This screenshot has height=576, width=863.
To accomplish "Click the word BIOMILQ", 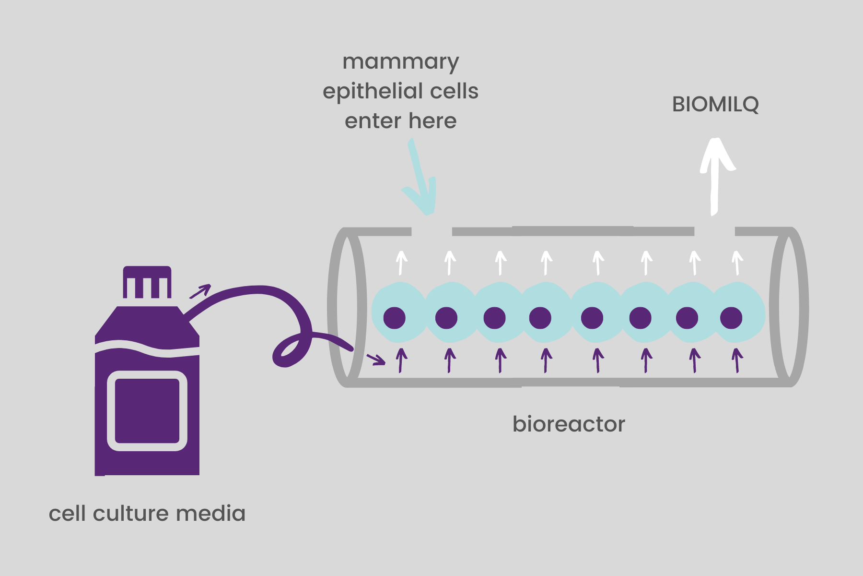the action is [x=715, y=105].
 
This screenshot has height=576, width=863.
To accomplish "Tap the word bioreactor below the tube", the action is [x=569, y=424].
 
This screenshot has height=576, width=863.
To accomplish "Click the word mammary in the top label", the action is [x=401, y=63].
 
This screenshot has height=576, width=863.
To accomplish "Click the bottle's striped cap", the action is [x=147, y=282].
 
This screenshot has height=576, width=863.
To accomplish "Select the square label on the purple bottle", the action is [x=147, y=411].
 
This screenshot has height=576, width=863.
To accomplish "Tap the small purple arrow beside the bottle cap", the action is [x=200, y=291].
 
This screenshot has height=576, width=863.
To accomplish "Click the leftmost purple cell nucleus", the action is [x=395, y=318].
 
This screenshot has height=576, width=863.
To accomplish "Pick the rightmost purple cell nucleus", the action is [x=731, y=318].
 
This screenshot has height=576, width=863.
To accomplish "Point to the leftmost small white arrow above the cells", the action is [x=401, y=263].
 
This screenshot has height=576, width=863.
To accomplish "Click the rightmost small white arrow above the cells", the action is [x=737, y=263].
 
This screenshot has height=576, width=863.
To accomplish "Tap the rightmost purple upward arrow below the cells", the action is [x=737, y=360].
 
